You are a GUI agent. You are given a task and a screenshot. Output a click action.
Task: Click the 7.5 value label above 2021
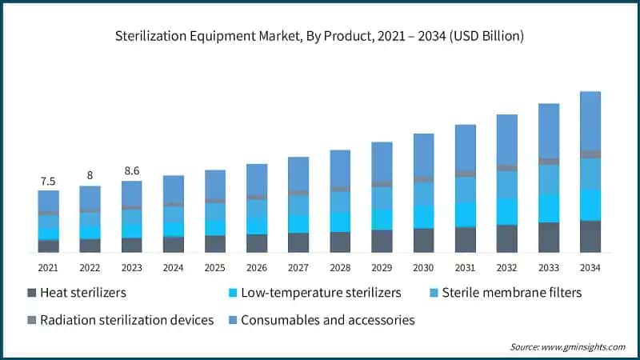tap(48, 181)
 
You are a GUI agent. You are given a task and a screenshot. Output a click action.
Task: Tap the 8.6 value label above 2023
tap(131, 170)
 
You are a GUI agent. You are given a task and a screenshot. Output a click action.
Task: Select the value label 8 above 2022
tap(90, 175)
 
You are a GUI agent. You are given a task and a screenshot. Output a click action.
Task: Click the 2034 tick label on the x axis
tap(590, 267)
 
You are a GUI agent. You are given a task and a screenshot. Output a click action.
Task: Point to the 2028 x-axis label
tap(340, 267)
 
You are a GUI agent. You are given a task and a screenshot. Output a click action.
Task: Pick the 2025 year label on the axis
tap(214, 267)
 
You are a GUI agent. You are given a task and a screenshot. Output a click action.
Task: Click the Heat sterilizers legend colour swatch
tap(33, 293)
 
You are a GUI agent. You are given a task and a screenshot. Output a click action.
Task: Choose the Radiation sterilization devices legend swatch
tap(33, 320)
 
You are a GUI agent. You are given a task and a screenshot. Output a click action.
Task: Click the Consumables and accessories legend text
tap(327, 320)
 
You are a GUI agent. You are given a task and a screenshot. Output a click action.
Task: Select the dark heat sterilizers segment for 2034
tap(590, 236)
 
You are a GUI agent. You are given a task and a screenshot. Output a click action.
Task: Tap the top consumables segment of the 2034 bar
tap(590, 120)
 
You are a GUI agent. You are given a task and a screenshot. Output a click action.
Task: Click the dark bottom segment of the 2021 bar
tap(48, 246)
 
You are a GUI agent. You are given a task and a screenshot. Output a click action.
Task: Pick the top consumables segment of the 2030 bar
tap(423, 154)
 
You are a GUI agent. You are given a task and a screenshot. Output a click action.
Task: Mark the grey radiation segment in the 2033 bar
tap(549, 162)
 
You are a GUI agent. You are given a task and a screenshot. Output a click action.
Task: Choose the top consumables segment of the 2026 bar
tap(257, 179)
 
